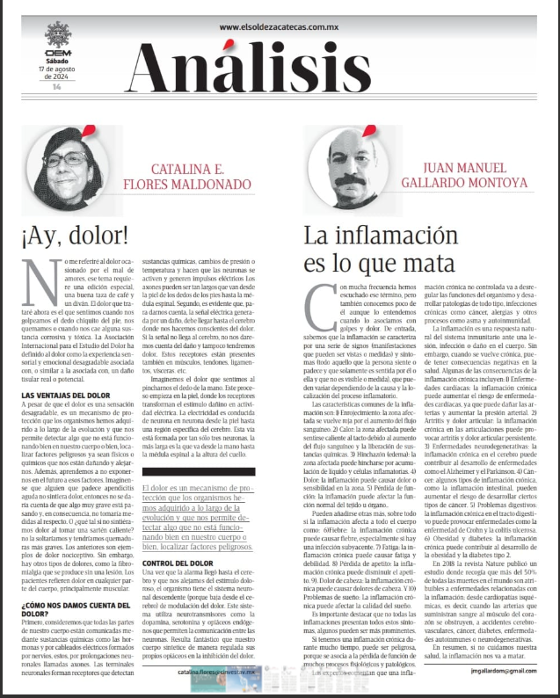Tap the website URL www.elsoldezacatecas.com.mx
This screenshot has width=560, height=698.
pos(280,28)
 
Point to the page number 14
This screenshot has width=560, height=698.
pos(56,87)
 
